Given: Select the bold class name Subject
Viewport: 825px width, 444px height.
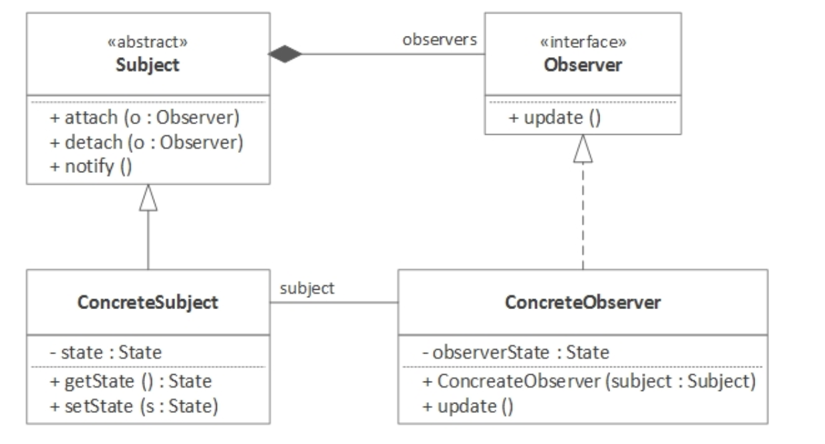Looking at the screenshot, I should tap(148, 66).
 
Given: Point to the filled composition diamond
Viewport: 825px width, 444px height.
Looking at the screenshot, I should tap(285, 55).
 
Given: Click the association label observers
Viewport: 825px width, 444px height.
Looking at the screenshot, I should tap(440, 39).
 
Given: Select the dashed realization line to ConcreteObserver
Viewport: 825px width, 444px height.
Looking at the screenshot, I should tap(583, 219).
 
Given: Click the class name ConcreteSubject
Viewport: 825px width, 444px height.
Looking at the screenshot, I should tap(148, 302).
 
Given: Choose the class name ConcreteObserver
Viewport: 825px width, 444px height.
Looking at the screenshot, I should tap(583, 302).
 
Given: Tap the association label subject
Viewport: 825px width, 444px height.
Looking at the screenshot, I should tap(307, 288).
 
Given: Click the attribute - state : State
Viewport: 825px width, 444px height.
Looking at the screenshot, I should tap(106, 352).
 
